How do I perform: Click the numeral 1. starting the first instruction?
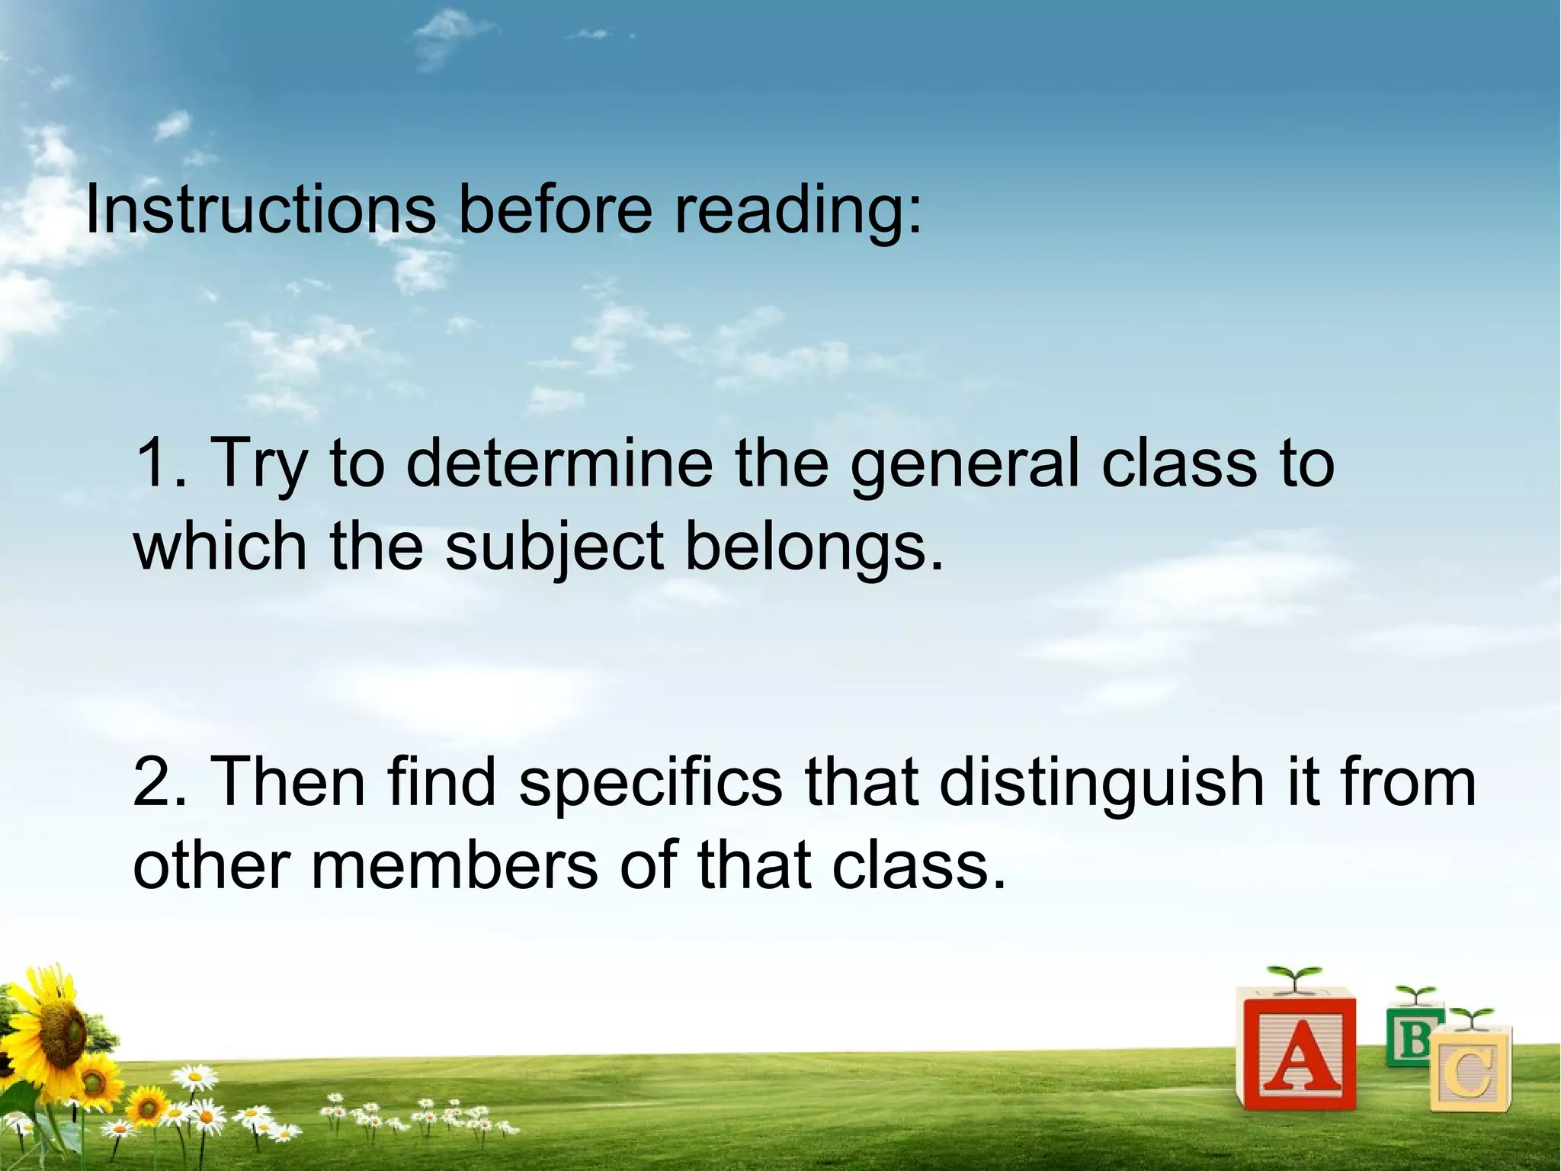pos(161,463)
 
